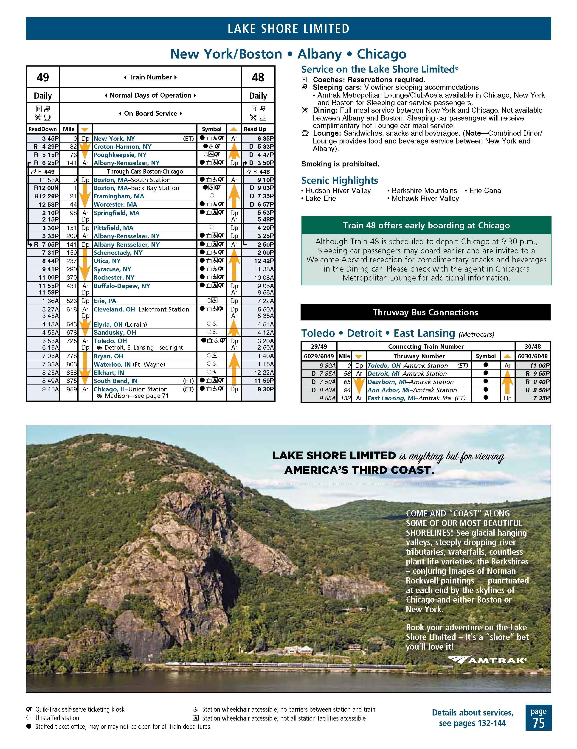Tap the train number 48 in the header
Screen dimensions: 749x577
coord(258,77)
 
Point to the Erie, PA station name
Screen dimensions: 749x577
coord(105,301)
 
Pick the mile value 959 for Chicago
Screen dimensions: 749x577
coord(71,389)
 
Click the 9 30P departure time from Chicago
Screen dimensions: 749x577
coord(263,389)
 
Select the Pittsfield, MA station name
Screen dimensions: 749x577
coord(114,228)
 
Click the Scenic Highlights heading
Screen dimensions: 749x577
coord(340,180)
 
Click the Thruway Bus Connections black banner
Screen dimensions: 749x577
coord(425,312)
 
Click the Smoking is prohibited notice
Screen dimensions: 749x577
coord(340,164)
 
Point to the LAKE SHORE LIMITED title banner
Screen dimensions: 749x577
coord(288,28)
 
